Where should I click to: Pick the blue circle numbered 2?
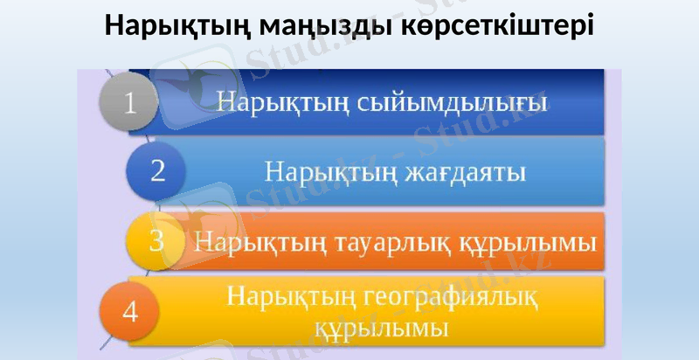coord(157,170)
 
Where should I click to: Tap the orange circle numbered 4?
coord(129,311)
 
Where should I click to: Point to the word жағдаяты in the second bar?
coord(463,170)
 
